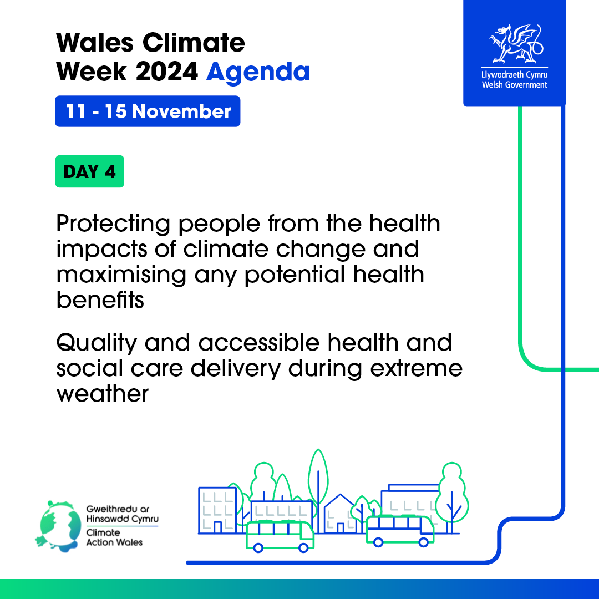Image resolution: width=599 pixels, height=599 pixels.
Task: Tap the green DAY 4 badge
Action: tap(90, 171)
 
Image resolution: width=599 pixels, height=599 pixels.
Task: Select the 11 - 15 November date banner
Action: tap(148, 111)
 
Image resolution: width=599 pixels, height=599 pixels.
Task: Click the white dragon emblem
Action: tap(516, 44)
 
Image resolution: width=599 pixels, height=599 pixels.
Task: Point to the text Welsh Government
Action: tap(515, 85)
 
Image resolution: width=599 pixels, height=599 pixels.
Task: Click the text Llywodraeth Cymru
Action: tap(515, 74)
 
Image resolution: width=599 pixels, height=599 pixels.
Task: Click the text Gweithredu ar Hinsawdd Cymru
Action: tap(122, 514)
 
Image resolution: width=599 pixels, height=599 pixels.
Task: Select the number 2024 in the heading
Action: tap(166, 72)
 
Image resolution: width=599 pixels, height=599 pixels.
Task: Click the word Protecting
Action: tap(113, 224)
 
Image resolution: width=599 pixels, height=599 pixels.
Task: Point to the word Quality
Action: tap(97, 343)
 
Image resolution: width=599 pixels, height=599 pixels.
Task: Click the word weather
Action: tap(103, 393)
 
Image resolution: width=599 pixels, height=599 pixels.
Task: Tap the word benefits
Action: tap(100, 299)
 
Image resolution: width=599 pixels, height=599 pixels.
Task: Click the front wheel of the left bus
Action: tap(304, 548)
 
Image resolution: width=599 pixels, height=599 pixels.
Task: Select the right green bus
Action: tap(400, 530)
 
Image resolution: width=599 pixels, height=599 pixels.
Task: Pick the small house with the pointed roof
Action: tap(341, 514)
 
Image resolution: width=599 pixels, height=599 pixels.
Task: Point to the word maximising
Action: tap(121, 275)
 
